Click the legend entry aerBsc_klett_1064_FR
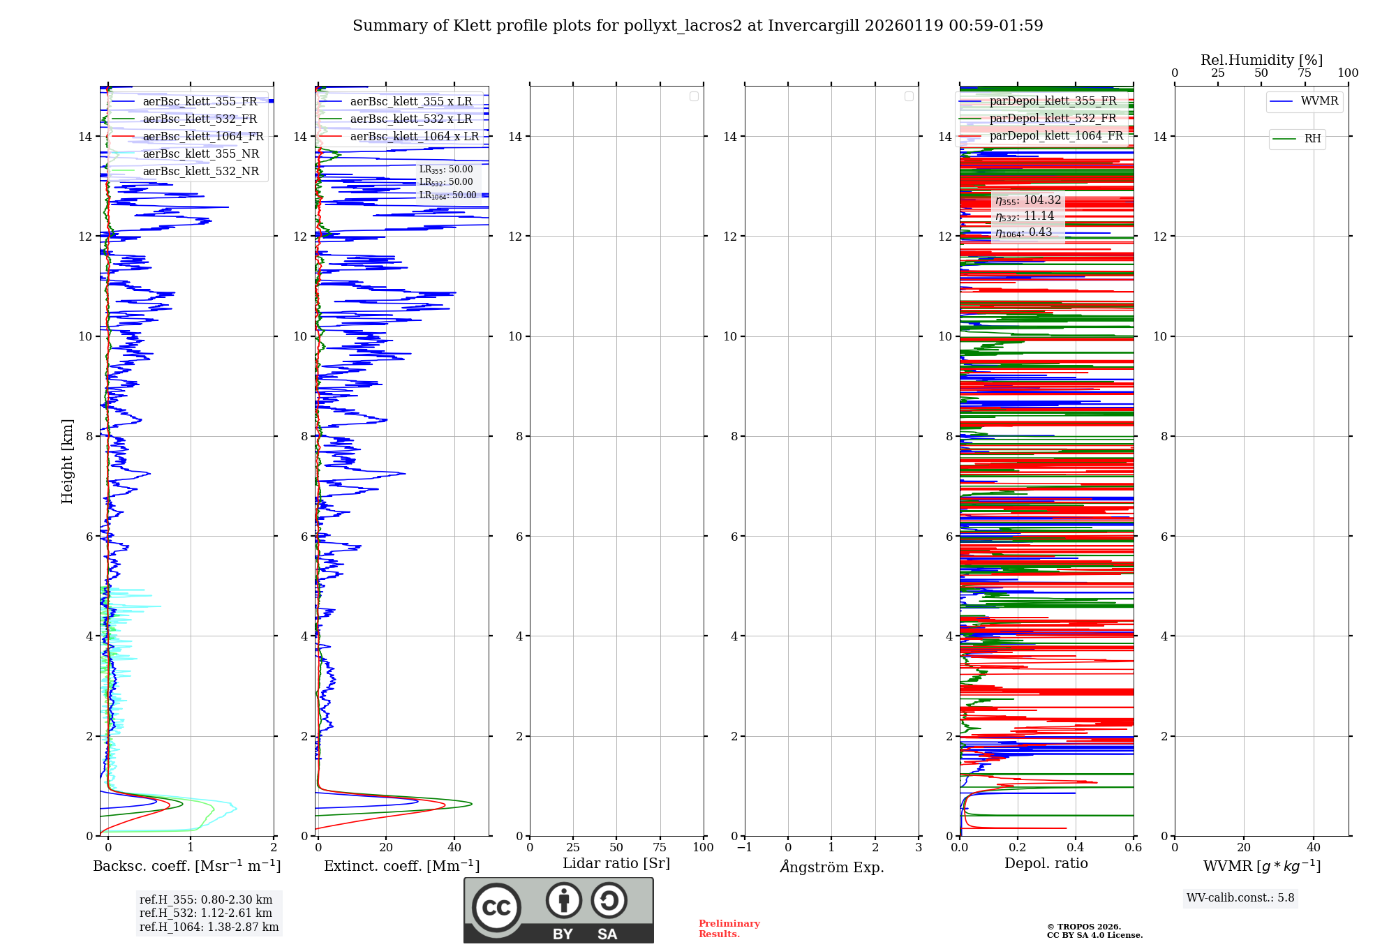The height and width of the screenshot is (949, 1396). [202, 137]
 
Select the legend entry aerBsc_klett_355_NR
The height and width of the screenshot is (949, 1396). [200, 154]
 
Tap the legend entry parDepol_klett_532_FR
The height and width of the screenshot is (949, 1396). [1053, 119]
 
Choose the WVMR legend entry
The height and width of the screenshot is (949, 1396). [1319, 101]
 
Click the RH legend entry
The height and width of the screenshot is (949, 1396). [1312, 139]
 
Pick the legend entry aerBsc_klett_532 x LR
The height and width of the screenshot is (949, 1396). [410, 119]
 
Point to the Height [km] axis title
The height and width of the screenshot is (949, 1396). [67, 461]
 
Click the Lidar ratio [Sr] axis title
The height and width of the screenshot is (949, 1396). [616, 864]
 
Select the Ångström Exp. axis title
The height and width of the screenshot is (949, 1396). [831, 867]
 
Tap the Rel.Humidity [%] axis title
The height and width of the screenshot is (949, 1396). [1261, 60]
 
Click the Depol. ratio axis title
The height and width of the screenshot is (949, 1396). [1046, 864]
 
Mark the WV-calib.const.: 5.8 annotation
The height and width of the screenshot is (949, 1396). [1240, 898]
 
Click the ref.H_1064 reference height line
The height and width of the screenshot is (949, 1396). [209, 927]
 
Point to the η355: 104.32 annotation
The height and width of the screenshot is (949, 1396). [1028, 200]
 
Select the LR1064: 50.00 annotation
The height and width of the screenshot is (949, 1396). [447, 195]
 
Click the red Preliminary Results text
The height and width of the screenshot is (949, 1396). [729, 929]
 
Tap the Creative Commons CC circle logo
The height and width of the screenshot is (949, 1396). [496, 908]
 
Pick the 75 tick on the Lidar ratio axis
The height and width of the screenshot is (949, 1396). [660, 848]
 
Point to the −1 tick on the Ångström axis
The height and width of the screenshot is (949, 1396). [744, 848]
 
